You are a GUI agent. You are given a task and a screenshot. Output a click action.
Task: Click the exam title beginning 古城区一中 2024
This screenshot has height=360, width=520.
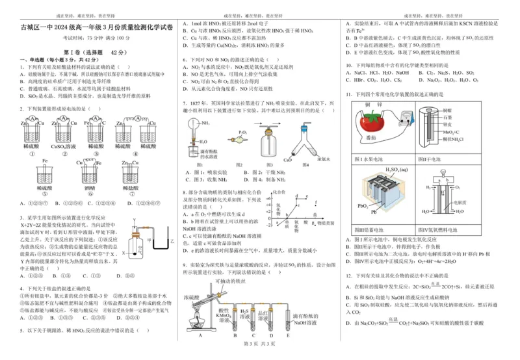[90, 31]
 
